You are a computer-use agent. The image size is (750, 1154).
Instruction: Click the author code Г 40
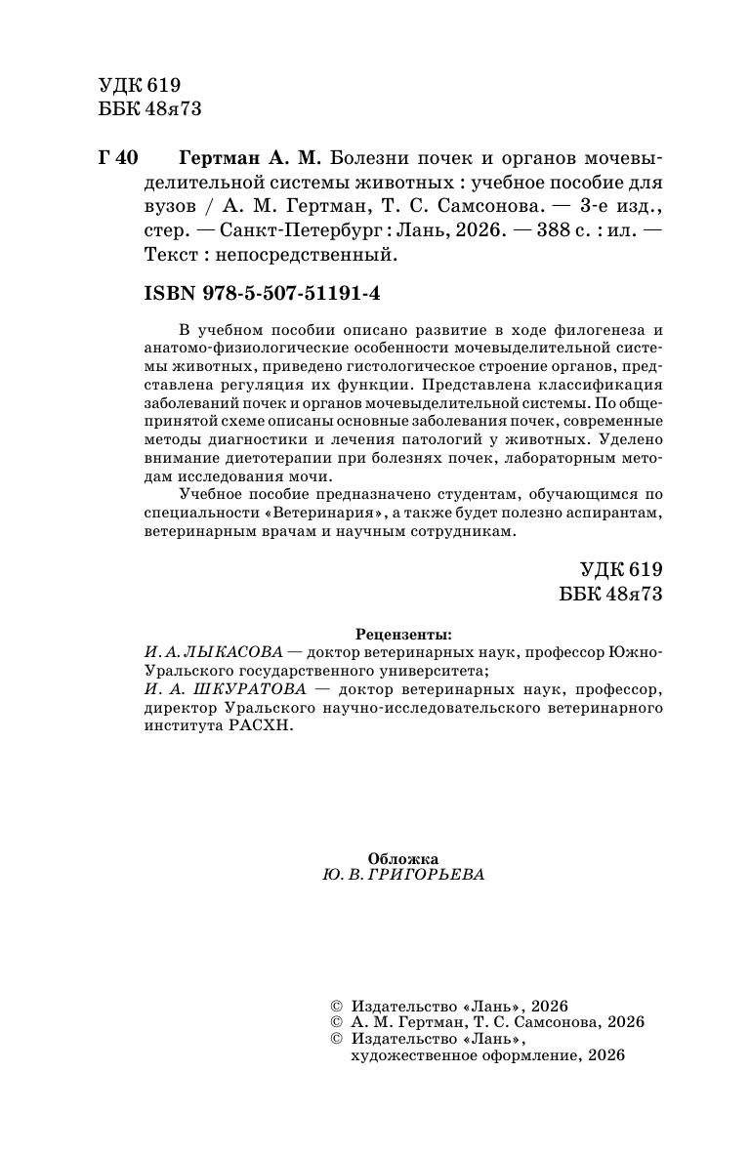120,158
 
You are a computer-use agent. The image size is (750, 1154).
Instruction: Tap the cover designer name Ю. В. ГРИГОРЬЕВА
402,875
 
